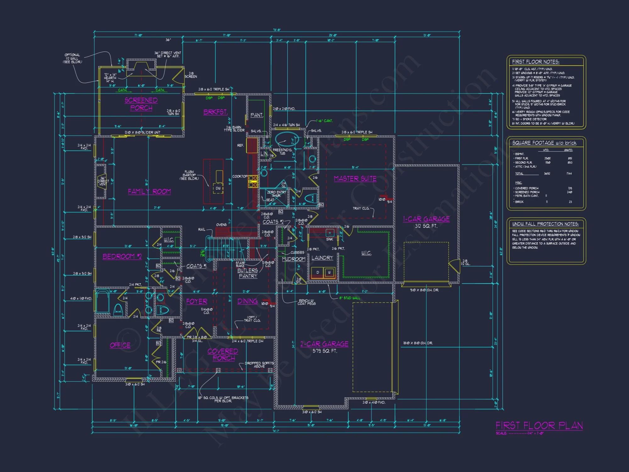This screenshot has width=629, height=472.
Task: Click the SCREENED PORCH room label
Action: tap(141, 104)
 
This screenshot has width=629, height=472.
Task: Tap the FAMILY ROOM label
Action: tap(149, 191)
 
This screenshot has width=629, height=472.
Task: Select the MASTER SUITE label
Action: tap(355, 178)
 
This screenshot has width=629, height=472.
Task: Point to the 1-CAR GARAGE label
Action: tap(426, 219)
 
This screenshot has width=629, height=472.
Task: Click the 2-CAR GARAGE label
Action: tap(324, 344)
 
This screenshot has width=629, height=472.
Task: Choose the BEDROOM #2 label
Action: tap(122, 256)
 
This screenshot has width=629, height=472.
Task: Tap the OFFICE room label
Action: tap(120, 345)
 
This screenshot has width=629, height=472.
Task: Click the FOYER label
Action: tap(197, 301)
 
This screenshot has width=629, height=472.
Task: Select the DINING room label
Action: tap(248, 301)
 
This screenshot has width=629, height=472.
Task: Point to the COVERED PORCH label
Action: tap(223, 355)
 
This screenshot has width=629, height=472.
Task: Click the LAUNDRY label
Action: tap(322, 258)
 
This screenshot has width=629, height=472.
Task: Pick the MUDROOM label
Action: tap(293, 259)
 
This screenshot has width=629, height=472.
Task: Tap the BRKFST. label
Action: tap(215, 112)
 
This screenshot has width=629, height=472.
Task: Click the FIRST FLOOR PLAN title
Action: tap(539, 426)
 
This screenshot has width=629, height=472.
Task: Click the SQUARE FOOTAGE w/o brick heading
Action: tap(544, 143)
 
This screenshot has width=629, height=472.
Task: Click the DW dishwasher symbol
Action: tap(218, 188)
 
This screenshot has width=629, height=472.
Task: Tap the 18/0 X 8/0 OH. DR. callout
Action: tap(418, 343)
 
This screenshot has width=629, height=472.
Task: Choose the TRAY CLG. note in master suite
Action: tap(361, 208)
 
